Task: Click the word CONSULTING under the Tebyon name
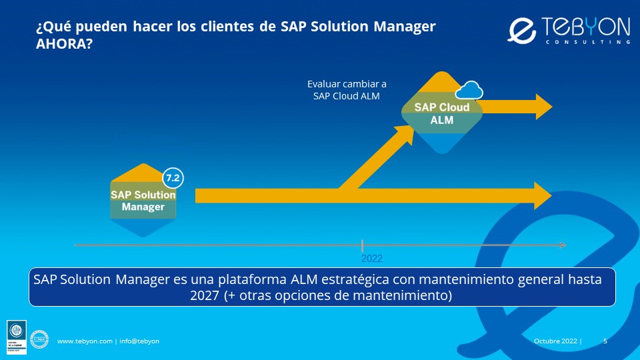click(x=587, y=42)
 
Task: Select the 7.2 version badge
click(x=173, y=179)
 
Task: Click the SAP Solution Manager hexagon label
click(x=143, y=201)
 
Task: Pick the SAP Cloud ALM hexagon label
click(x=441, y=113)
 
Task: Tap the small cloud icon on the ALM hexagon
click(x=470, y=90)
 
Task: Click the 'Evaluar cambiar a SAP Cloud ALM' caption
click(x=347, y=90)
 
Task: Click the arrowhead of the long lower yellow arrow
click(x=541, y=195)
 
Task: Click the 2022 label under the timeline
click(x=372, y=259)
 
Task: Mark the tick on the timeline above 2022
click(x=362, y=245)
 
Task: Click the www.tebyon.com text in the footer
click(x=85, y=341)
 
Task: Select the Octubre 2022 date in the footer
click(x=556, y=341)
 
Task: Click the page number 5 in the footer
click(x=605, y=341)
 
